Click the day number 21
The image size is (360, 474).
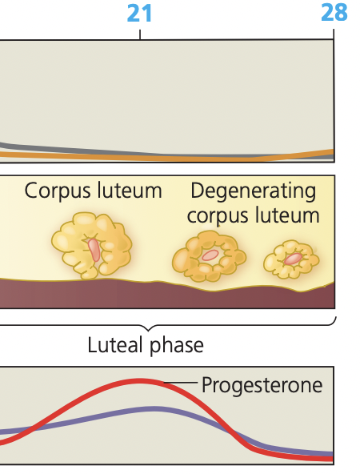[140, 13]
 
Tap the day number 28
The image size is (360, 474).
[334, 13]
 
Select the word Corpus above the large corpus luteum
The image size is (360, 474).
[57, 191]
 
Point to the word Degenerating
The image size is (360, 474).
[254, 191]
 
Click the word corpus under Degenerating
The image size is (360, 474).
[218, 215]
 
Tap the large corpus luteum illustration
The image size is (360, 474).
[90, 245]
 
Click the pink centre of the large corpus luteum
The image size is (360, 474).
[94, 250]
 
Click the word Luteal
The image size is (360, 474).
[116, 346]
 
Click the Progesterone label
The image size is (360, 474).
[262, 385]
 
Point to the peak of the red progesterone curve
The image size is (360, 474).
[141, 380]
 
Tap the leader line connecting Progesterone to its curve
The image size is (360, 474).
[180, 385]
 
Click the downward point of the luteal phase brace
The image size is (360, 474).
[146, 330]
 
